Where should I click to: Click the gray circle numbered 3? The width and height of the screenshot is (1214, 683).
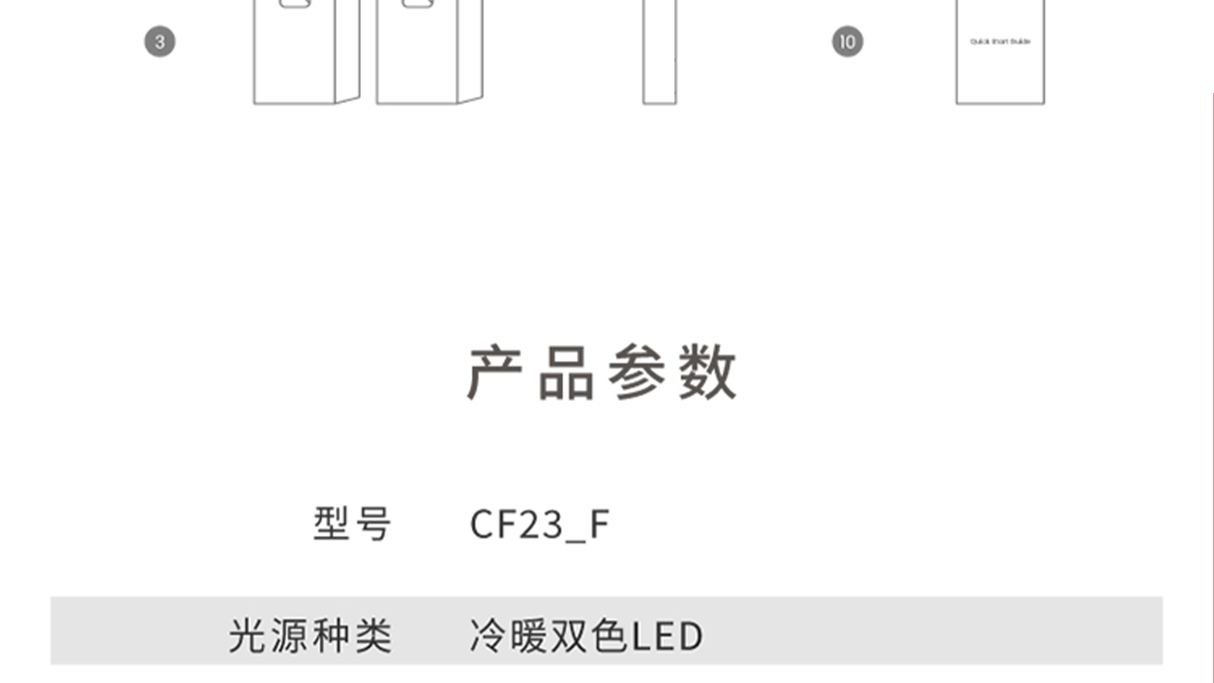159,42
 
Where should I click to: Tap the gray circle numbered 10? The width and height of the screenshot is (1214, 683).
847,42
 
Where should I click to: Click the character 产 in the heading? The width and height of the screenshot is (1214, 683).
494,373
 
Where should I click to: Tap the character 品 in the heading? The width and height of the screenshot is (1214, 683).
566,373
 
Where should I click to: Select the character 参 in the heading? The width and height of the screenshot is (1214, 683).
637,373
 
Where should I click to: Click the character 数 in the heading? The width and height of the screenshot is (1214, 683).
708,373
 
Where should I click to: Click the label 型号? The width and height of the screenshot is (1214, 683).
352,524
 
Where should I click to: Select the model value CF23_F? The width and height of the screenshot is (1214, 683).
539,524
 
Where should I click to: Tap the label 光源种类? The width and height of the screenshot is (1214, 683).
310,636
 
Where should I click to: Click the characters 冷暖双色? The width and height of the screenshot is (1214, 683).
549,636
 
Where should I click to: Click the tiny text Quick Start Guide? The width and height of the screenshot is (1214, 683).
1000,42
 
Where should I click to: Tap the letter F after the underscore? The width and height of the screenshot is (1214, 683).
599,524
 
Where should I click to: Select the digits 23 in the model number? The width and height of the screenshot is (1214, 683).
542,524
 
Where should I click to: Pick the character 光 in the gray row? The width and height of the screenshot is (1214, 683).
247,636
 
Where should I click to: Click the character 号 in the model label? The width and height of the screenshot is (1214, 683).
373,524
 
